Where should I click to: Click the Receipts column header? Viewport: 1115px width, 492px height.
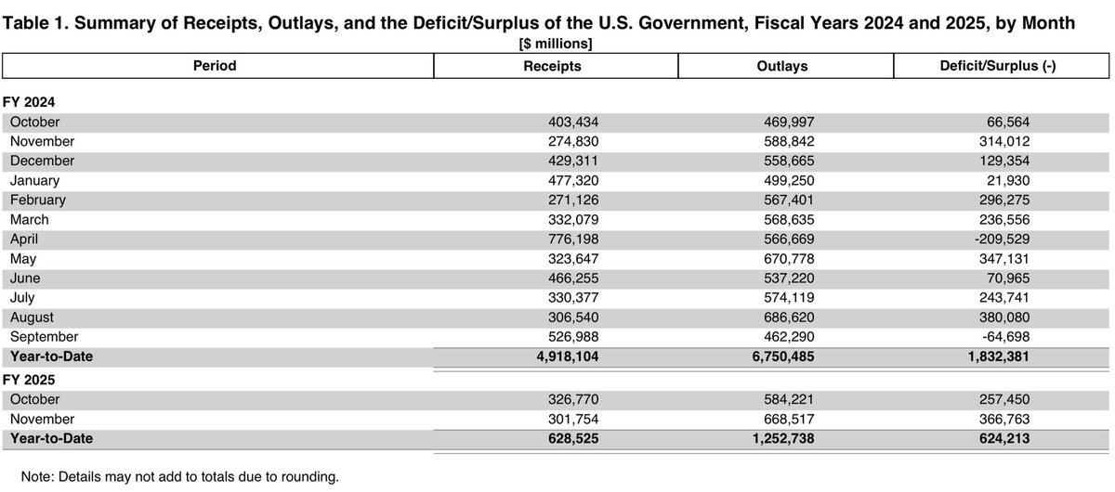552,66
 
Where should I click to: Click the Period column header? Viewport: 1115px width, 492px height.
216,66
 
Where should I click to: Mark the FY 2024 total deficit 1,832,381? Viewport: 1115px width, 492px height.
996,356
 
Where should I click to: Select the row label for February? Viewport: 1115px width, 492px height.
37,200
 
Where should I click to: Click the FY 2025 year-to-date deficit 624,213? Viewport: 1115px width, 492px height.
1002,438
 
